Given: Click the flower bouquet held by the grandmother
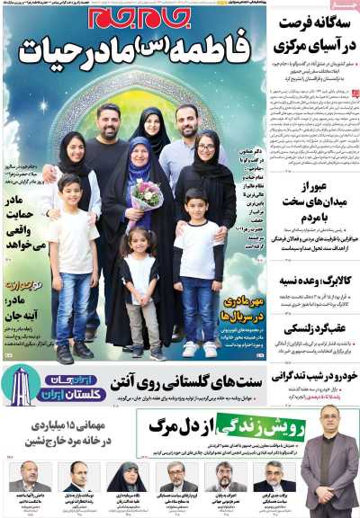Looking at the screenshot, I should tap(147, 193).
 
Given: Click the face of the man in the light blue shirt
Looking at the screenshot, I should tap(187, 120).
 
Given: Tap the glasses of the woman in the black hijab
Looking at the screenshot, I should tap(204, 144).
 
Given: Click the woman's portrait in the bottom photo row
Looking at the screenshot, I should tap(126, 477).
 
